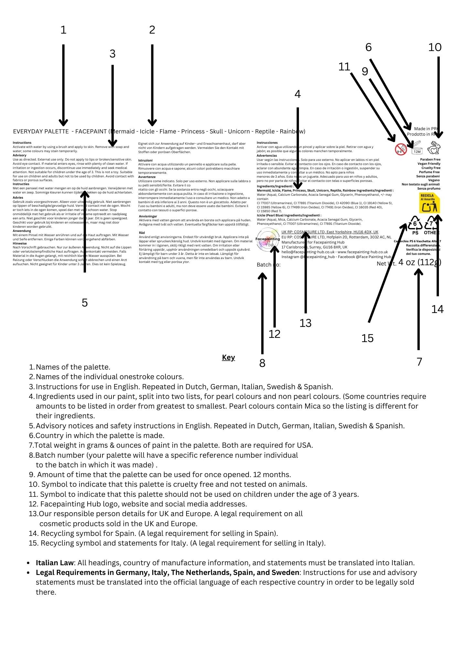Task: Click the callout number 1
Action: [x=63, y=30]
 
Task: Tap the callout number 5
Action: [x=85, y=303]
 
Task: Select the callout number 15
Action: [x=367, y=338]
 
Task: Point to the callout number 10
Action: [x=435, y=47]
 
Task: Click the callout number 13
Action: [x=305, y=323]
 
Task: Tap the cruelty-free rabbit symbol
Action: [x=434, y=149]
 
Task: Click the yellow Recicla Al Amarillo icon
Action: [x=430, y=203]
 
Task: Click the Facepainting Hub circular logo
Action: [x=268, y=239]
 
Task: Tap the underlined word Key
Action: [x=228, y=357]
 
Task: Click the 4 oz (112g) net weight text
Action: [x=420, y=262]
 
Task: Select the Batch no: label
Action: [x=269, y=265]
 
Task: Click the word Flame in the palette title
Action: [x=168, y=131]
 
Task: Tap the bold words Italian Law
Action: [x=55, y=563]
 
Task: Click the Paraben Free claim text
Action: [x=430, y=160]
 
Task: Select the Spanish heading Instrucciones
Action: [x=267, y=142]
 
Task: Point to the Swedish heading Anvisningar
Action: [x=148, y=216]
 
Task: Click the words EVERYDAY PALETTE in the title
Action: [x=41, y=131]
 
